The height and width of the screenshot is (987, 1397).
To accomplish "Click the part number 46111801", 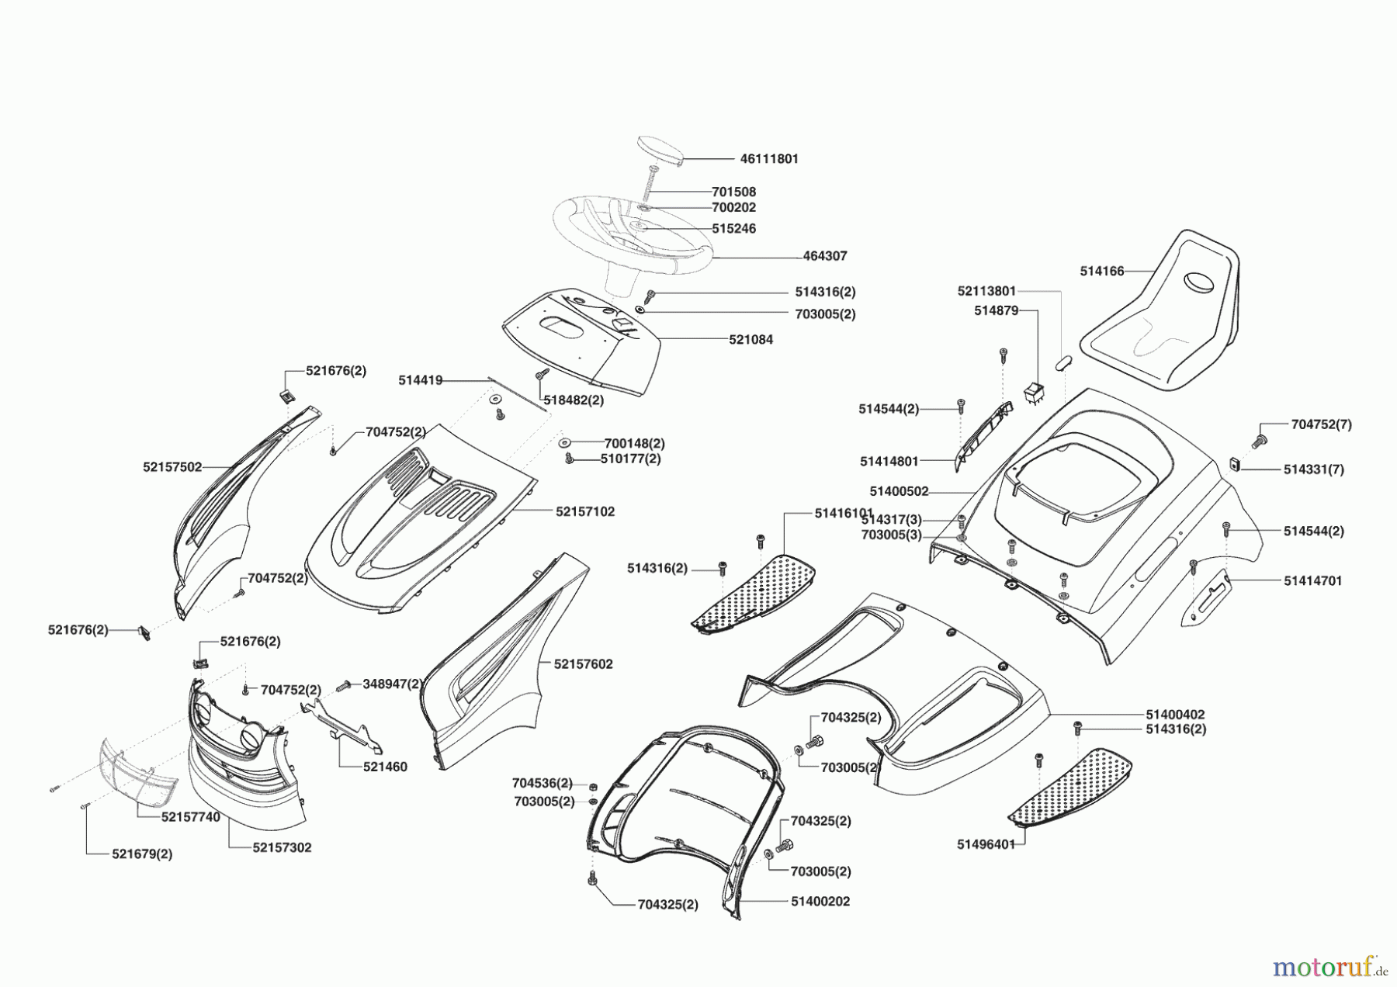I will point(769,158).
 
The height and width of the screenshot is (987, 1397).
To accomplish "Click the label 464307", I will point(825,255).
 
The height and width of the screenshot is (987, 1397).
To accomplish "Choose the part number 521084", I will point(750,340).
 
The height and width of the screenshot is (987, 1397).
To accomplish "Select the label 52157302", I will point(282,847).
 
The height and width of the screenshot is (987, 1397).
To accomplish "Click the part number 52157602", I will point(584,664).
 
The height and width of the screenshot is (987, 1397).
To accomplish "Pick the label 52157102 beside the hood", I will point(585,512).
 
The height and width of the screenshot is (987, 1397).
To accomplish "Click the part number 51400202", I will point(820,902).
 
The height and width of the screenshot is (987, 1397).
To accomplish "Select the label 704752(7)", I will point(1322,424).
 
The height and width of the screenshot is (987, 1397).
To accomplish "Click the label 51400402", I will point(1175,714).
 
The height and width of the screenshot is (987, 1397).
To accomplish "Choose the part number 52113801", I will point(986,291).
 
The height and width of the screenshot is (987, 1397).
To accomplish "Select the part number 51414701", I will point(1312,580).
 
